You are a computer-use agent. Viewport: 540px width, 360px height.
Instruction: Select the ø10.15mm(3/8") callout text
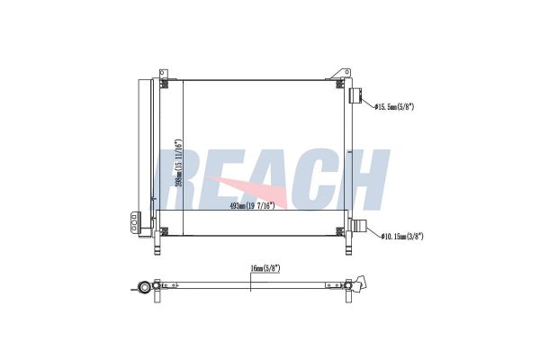pyautogui.click(x=402, y=237)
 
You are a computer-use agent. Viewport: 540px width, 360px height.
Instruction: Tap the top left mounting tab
pyautogui.click(x=163, y=73)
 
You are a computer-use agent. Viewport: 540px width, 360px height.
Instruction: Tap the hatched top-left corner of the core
pyautogui.click(x=165, y=85)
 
